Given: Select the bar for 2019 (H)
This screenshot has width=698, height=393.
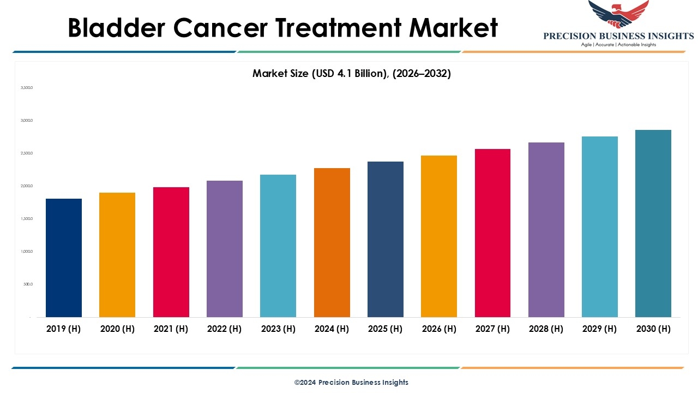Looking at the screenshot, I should [x=64, y=258].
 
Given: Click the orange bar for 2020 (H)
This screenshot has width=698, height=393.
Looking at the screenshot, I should [x=117, y=255].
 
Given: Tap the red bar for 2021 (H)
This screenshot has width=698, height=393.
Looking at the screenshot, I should [x=171, y=252].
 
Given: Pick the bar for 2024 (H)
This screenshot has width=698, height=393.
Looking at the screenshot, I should [x=332, y=242].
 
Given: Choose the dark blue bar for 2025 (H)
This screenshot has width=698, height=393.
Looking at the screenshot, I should [x=386, y=239].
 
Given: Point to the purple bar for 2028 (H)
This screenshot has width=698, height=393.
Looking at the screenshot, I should [x=546, y=230].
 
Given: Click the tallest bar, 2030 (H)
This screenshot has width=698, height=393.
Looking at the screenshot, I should [x=653, y=223].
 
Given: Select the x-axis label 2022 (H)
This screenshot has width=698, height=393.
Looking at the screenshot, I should [x=224, y=329].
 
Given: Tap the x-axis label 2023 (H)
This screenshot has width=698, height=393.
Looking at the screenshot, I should [x=278, y=329].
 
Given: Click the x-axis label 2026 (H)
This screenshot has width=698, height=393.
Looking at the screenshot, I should [x=439, y=329].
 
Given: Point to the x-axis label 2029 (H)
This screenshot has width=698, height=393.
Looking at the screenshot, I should [x=600, y=329].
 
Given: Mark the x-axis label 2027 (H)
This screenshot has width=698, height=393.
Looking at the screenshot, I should [x=492, y=329].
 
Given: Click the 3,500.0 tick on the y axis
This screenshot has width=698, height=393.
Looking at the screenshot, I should [x=27, y=87].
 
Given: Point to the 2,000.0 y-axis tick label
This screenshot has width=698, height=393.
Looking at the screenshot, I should [x=27, y=186].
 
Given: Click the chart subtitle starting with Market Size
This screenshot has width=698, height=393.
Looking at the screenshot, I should [x=351, y=73].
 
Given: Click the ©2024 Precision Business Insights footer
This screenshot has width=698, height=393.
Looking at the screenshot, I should [x=351, y=382].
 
